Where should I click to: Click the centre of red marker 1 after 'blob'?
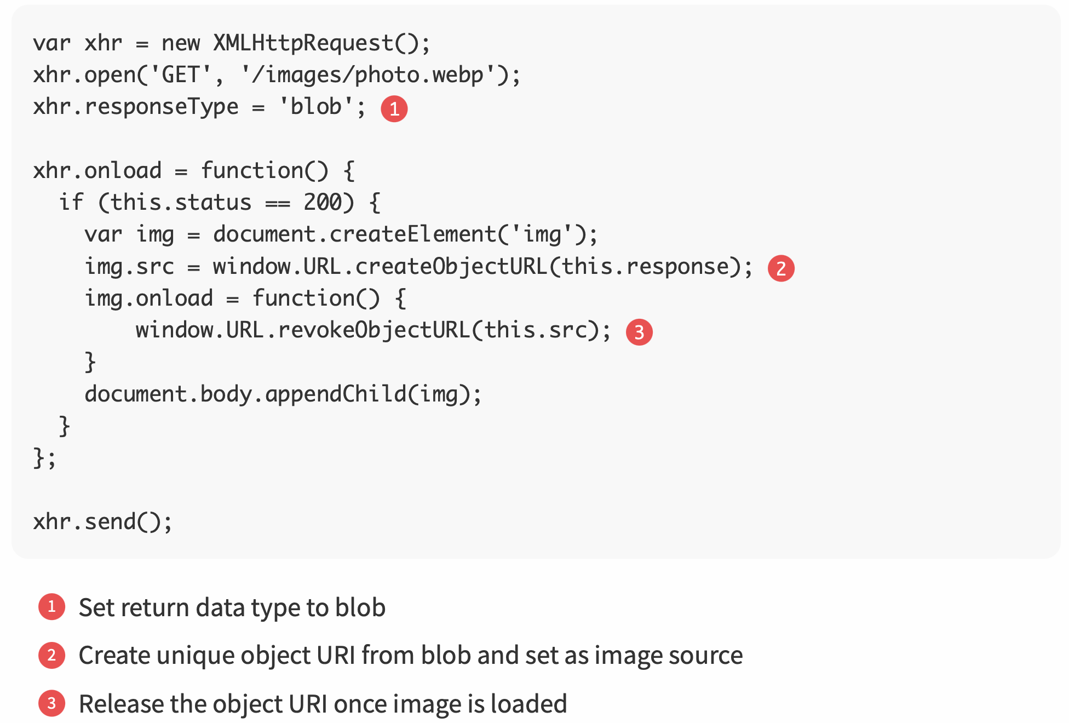(x=394, y=108)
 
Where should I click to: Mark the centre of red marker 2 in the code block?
(x=781, y=268)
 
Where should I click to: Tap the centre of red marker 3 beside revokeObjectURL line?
(x=639, y=332)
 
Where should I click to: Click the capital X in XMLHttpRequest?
(x=220, y=43)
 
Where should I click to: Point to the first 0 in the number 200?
(x=324, y=202)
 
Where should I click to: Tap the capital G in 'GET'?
(x=169, y=74)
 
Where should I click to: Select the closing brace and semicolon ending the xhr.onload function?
(x=44, y=458)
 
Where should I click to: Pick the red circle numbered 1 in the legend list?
(x=52, y=607)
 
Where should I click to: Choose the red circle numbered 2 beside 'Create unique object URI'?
(x=52, y=655)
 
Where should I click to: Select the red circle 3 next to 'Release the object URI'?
(x=52, y=703)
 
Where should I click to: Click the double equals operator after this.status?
(x=278, y=203)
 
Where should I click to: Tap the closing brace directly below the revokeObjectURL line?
(x=90, y=362)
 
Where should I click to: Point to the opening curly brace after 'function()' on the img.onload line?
(x=400, y=299)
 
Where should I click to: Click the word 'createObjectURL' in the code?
(x=451, y=266)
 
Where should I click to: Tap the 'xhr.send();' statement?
(x=102, y=521)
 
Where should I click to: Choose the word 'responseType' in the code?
(x=162, y=106)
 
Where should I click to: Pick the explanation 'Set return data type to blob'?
(x=232, y=607)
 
